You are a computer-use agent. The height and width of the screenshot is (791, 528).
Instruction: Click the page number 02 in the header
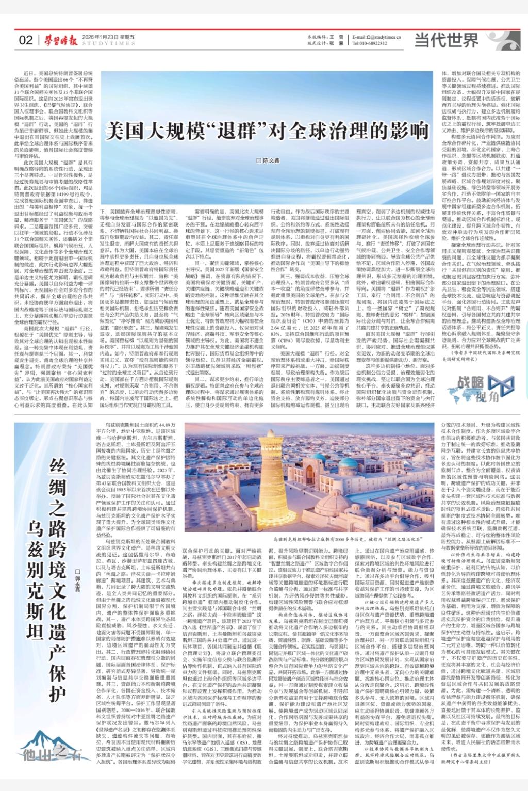coord(25,41)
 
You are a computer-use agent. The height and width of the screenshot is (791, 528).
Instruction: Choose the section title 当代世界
coord(440,39)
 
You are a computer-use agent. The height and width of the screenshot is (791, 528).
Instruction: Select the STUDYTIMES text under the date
coord(102,44)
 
